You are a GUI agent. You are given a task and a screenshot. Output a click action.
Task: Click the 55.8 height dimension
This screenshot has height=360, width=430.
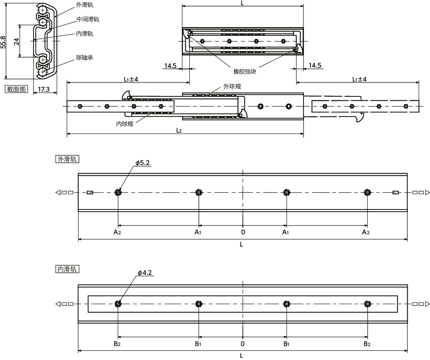click(3, 42)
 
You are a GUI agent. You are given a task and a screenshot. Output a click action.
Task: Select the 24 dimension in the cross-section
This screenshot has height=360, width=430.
click(17, 41)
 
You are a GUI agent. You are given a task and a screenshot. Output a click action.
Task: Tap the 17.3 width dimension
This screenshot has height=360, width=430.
click(44, 89)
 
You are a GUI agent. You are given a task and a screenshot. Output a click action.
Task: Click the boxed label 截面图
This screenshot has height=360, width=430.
click(17, 89)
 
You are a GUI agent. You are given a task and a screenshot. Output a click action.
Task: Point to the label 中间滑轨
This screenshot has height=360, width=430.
click(88, 19)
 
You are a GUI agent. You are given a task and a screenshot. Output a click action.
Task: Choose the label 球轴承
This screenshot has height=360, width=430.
click(85, 57)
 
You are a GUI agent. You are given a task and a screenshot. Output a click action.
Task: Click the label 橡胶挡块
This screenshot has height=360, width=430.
click(245, 72)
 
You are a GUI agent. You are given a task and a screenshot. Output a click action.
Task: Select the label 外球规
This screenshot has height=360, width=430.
click(232, 86)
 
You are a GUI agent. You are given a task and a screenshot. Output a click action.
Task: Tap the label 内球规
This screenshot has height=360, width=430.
click(124, 124)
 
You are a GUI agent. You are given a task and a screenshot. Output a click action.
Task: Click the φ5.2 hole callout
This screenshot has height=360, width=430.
click(143, 163)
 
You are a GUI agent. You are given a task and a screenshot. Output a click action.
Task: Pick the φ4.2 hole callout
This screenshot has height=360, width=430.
click(144, 273)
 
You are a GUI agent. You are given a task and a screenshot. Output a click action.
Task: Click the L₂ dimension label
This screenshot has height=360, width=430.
click(179, 130)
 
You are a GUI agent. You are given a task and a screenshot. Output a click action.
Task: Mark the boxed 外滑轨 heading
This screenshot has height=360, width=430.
click(67, 159)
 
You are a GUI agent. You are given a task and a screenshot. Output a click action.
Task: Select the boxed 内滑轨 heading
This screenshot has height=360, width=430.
click(67, 269)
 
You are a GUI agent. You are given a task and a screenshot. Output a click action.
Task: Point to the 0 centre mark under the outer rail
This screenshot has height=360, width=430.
click(243, 232)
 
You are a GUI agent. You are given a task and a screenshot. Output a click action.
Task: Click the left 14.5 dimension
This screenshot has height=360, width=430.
click(171, 65)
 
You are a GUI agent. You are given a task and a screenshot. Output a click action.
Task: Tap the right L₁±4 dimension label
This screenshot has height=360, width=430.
click(359, 79)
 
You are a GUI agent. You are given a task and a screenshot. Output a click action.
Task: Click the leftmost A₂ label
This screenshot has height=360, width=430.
click(117, 233)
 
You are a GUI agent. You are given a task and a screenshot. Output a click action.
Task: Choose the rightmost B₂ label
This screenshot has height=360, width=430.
click(367, 344)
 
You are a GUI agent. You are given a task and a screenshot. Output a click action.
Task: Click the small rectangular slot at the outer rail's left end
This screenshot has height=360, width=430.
click(90, 192)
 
